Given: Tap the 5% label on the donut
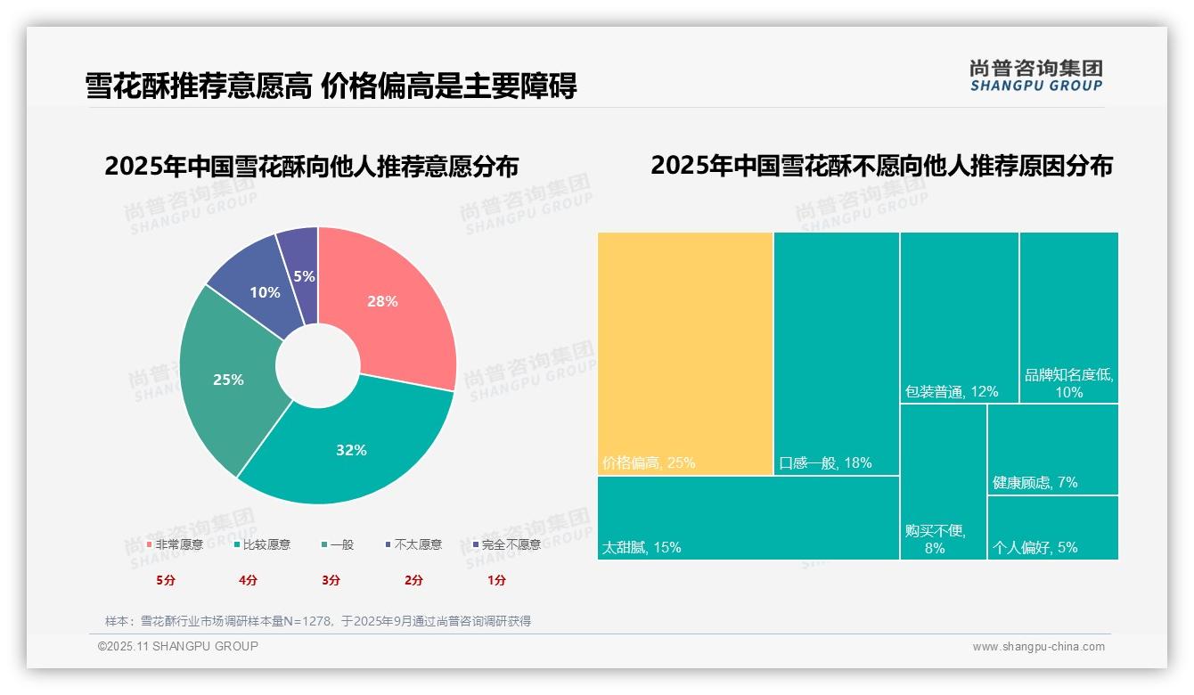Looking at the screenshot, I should pos(304,276).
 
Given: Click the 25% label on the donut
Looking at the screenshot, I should pos(228,380).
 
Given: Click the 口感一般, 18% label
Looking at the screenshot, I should pos(825,462).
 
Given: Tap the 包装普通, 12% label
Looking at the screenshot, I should pos(952,391).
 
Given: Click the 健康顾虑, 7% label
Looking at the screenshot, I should pos(1035,482).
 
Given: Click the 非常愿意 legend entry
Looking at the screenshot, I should pos(176,544).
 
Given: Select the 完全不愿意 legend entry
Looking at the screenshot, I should pos(507,544).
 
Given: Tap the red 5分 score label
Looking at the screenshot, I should pos(166,580).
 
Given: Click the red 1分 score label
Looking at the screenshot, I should pos(496,580).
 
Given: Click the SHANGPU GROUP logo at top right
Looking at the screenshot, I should pos(1036,76).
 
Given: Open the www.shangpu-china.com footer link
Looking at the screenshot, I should pos(1038,647).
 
